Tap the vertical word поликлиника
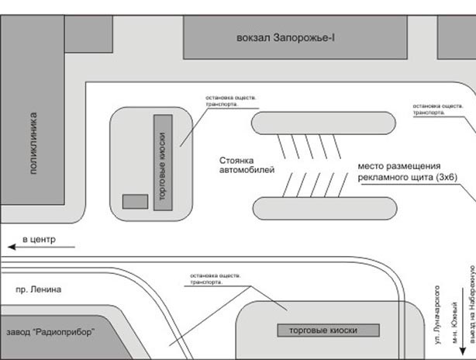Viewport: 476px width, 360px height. point(33,144)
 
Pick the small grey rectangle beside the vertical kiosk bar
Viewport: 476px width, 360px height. point(135,202)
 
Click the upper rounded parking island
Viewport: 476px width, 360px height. point(323,123)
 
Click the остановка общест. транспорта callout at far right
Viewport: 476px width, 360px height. point(431,109)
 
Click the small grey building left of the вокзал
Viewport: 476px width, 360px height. point(88,33)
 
